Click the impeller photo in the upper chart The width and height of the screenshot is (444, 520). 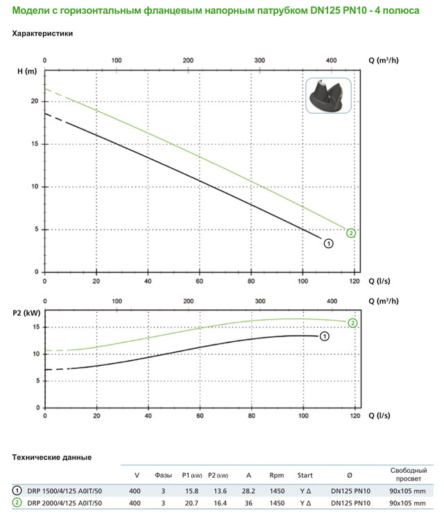[329, 96]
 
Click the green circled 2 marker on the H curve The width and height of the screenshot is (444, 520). [351, 233]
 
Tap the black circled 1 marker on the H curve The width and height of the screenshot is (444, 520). [329, 243]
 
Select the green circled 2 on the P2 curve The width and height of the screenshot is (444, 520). [352, 323]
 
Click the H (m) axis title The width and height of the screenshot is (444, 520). [26, 72]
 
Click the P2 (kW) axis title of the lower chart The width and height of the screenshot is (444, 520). [26, 313]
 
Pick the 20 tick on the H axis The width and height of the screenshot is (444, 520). [33, 101]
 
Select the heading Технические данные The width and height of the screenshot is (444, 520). [52, 457]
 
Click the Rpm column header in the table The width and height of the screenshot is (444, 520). [277, 476]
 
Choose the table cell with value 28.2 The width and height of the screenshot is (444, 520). [248, 490]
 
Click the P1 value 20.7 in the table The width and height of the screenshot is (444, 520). [191, 503]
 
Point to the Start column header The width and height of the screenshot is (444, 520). [305, 476]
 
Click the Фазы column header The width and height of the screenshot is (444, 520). [164, 476]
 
